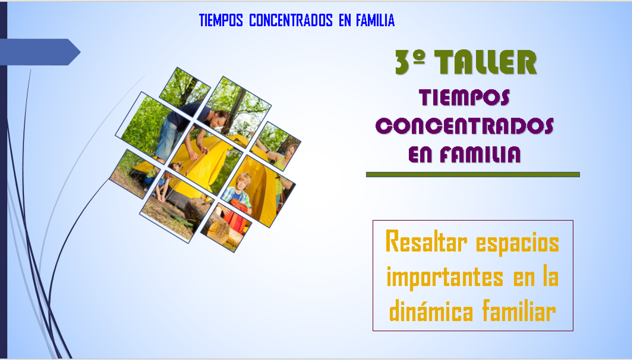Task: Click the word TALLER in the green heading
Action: click(x=485, y=62)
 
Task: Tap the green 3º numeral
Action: click(x=410, y=62)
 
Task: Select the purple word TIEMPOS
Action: click(x=465, y=98)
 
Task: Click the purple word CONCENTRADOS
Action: click(x=465, y=126)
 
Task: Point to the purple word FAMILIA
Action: click(x=480, y=155)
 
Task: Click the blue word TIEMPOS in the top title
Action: click(x=221, y=20)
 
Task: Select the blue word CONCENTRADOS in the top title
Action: click(x=291, y=20)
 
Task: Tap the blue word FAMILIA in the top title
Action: click(x=375, y=20)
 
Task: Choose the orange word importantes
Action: click(x=445, y=278)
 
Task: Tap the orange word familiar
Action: click(x=519, y=310)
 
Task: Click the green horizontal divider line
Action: click(x=473, y=175)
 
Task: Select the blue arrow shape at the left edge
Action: click(x=40, y=52)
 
